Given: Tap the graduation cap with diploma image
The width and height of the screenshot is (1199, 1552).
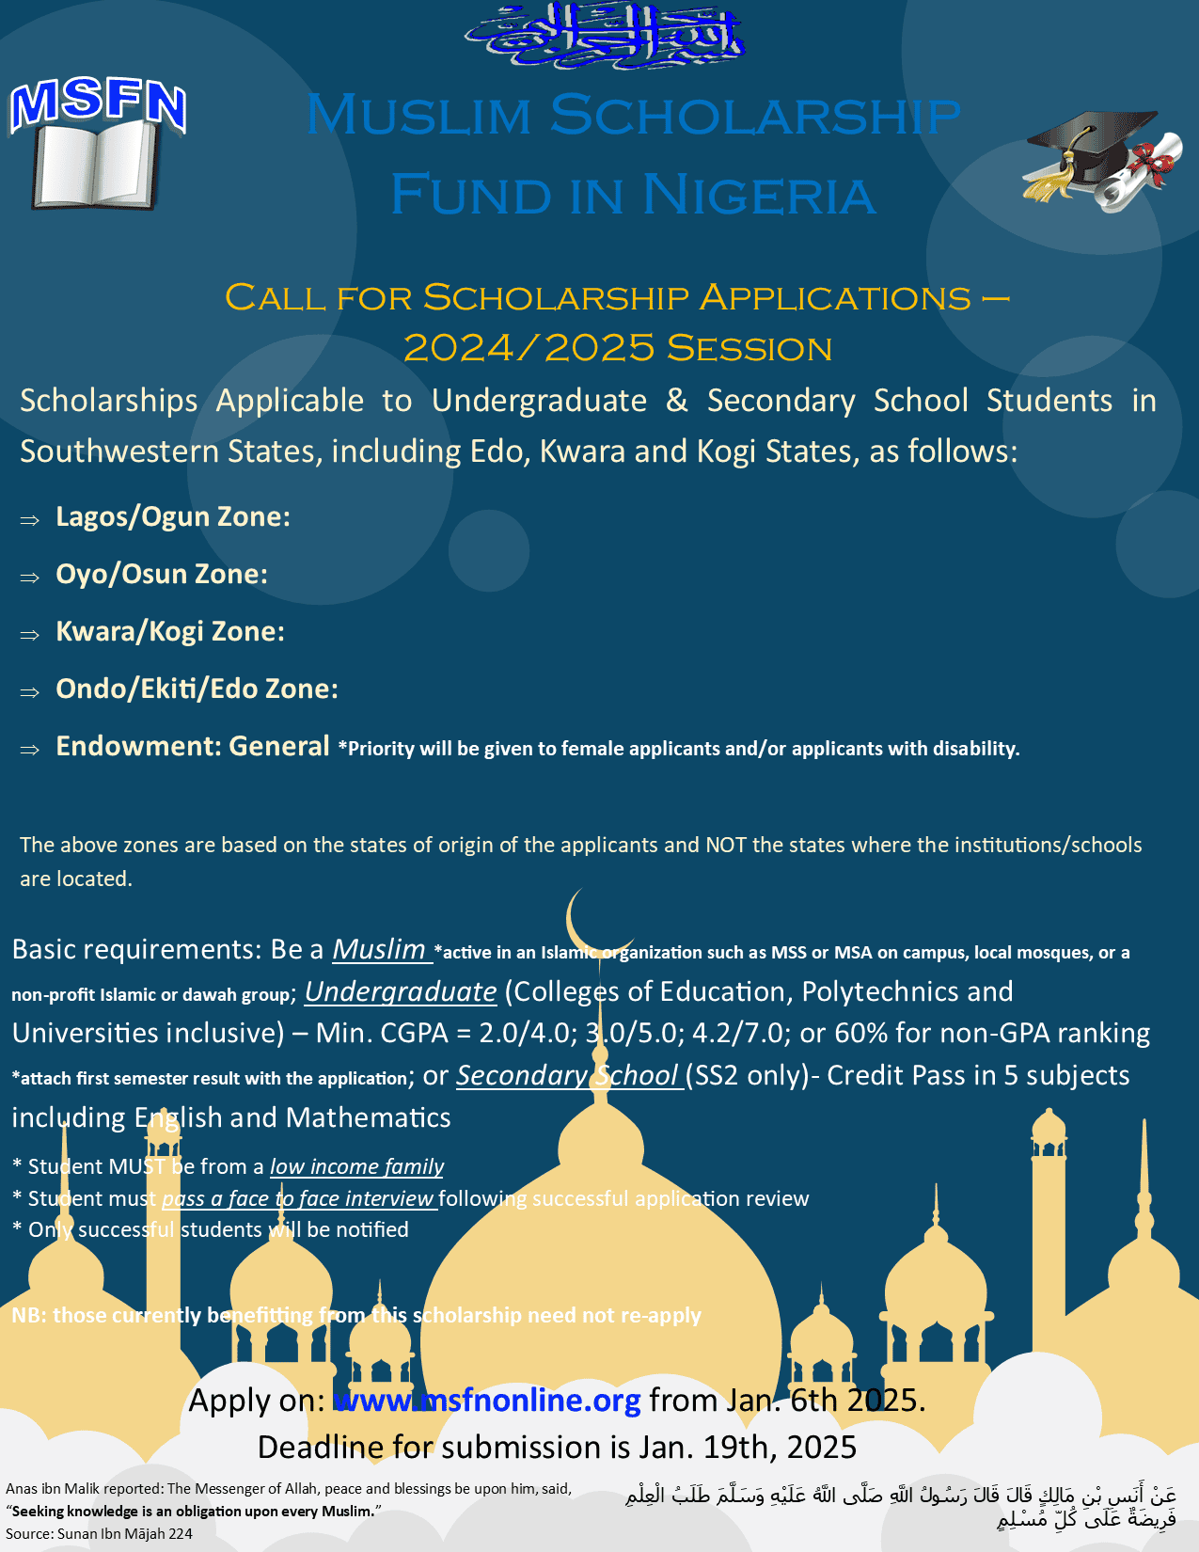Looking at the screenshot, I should pos(1101,159).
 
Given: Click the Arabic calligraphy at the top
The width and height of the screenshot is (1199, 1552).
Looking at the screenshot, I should pos(604,36).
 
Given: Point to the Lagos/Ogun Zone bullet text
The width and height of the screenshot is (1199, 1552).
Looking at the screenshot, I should pos(172,516).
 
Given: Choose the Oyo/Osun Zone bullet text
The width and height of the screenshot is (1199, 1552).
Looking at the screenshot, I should pos(161,574).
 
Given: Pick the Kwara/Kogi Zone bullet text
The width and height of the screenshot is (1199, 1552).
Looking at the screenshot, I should pos(169,631).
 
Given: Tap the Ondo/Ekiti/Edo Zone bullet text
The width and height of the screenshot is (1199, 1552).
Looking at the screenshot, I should pos(197,689).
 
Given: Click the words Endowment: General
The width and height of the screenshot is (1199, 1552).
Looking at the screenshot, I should pos(192,746).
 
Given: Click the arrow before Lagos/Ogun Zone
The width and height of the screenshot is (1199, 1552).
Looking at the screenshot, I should pos(30,519).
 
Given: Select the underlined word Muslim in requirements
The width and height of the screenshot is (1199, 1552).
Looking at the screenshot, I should pos(379,949).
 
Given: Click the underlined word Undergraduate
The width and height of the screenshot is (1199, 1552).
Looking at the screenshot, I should pos(401,991).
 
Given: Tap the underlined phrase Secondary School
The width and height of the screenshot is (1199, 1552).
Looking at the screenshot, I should pos(568,1075).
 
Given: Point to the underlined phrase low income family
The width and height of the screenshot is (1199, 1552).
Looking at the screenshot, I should pos(356,1166).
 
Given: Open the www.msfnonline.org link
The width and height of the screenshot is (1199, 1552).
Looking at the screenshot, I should pos(487,1401).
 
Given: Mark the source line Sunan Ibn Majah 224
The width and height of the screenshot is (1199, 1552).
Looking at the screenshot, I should pos(99,1533).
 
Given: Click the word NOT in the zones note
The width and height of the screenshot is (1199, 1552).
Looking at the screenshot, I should pos(725,845).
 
